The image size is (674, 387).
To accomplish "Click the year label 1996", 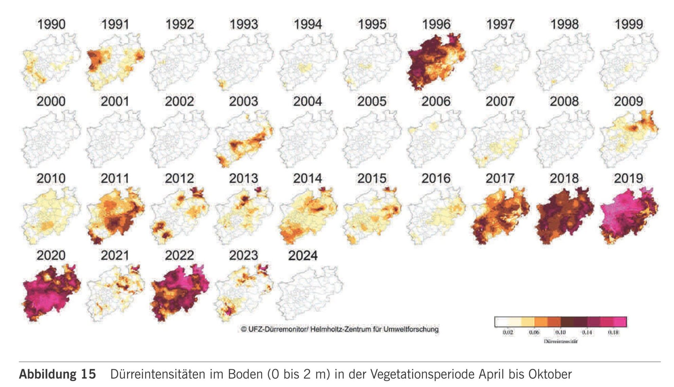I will pos(436,24).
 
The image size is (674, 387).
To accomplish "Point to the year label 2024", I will pos(303,256).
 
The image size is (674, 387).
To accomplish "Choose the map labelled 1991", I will pos(116,62).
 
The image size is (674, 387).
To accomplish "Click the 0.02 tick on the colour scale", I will pos(508,332).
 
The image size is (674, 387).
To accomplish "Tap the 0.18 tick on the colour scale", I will pos(613,332).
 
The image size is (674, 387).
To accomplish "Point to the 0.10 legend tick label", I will pos(560,332).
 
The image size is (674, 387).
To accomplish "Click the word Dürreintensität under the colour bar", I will pos(561,341).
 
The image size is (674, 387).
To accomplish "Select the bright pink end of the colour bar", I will pos(620,321).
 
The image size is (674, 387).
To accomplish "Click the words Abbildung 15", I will pos(57,374).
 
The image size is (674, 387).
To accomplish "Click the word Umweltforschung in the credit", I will pos(411,329).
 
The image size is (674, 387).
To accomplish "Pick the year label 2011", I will pos(115,179).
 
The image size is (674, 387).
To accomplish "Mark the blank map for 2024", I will pos(310,293).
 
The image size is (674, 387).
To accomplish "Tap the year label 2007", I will pos(500,102).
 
